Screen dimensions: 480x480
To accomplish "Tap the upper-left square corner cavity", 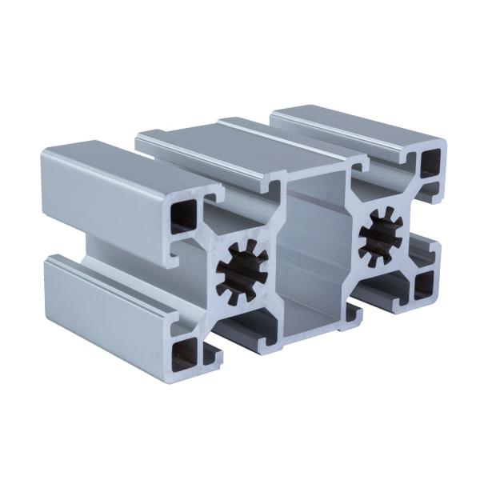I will click(x=184, y=215).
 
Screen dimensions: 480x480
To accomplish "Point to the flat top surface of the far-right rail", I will click(x=352, y=124).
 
